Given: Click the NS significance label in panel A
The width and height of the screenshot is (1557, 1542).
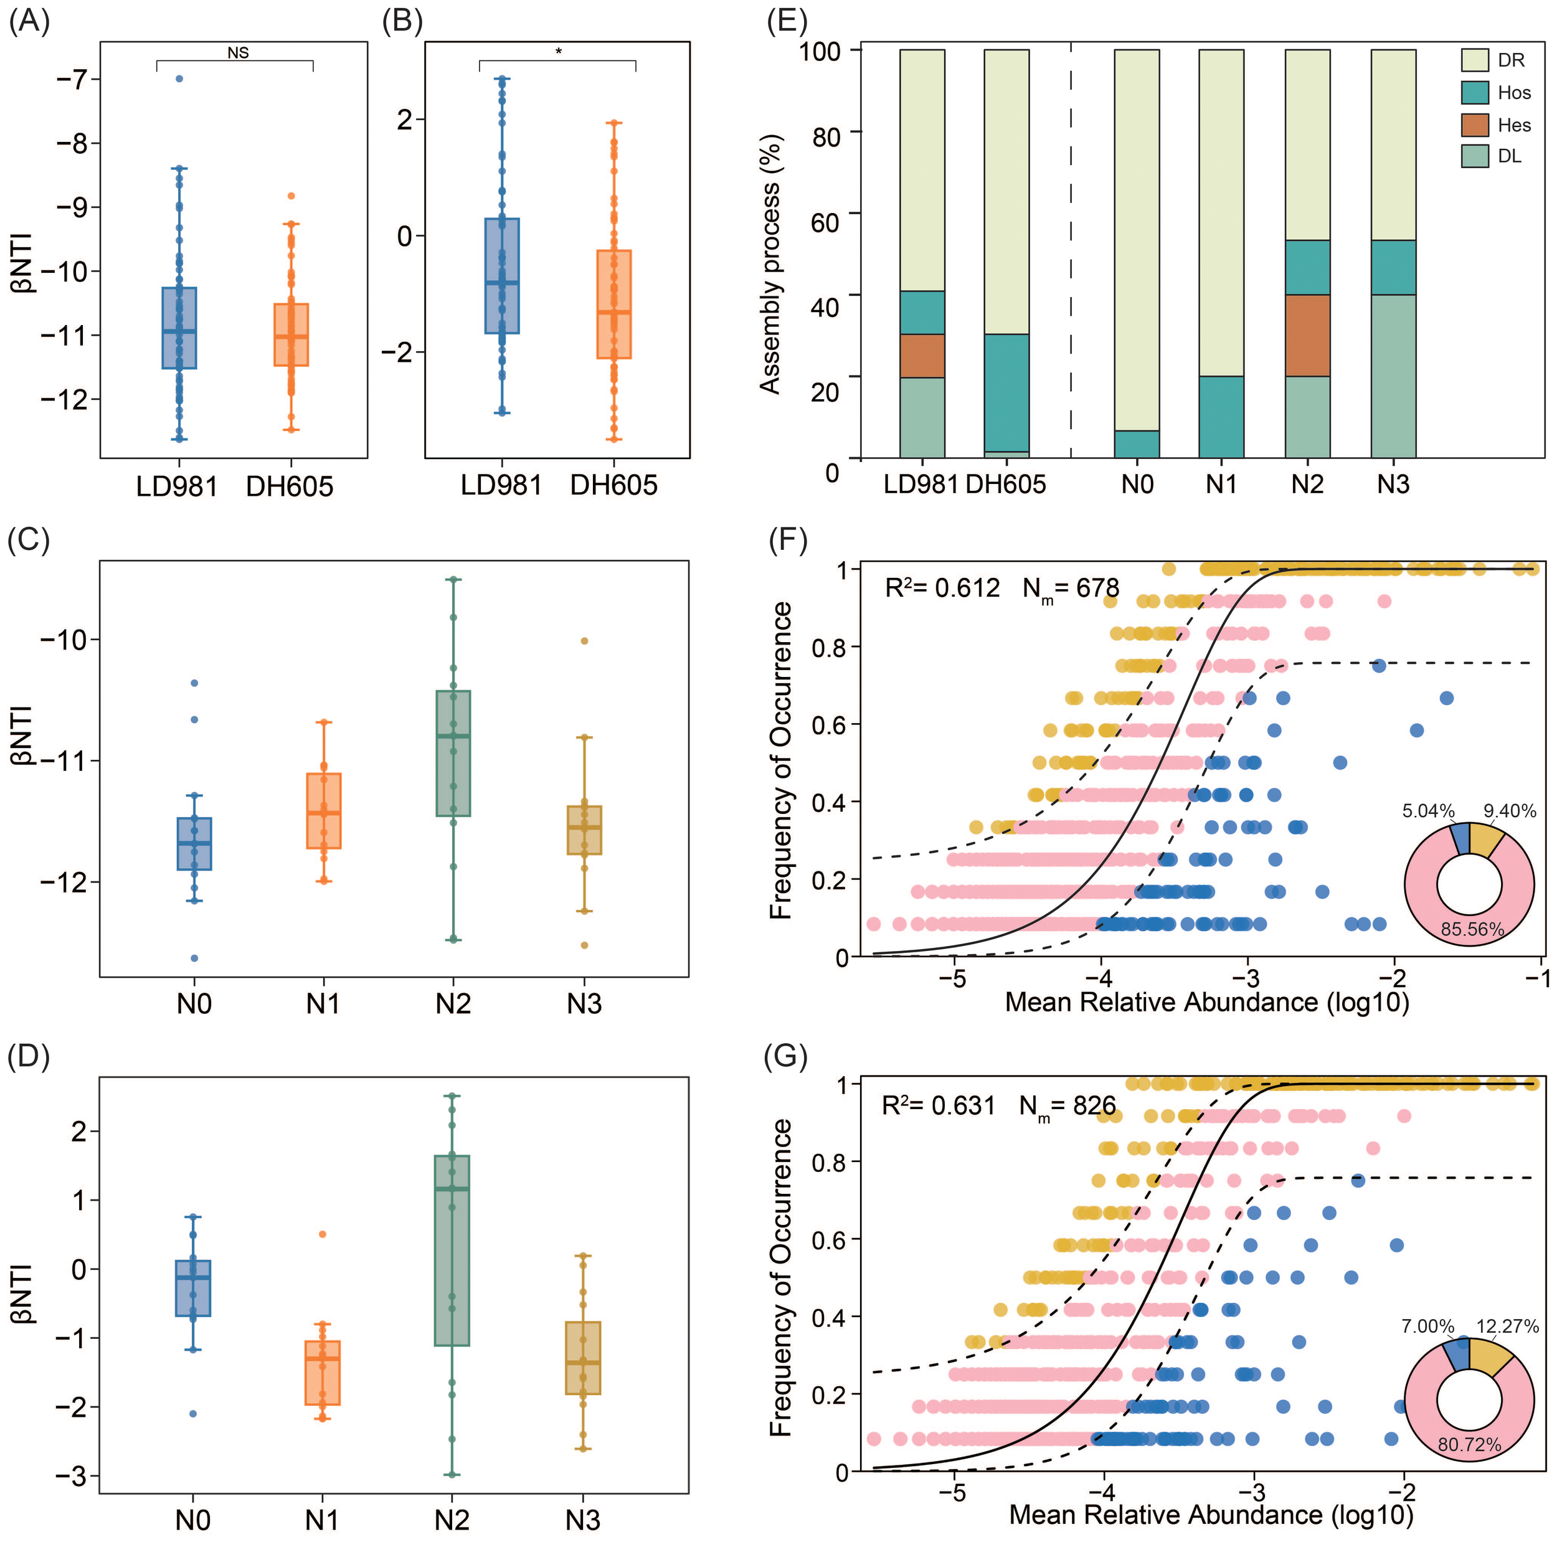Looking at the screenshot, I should click(x=238, y=53).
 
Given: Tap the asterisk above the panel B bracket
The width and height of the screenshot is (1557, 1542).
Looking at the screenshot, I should click(x=559, y=52).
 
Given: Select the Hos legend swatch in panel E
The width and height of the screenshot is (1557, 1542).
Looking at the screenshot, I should click(x=1474, y=93).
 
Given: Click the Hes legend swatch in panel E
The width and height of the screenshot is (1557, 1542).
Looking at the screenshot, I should click(x=1474, y=125).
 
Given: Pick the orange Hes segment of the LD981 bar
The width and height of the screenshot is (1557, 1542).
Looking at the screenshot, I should click(x=922, y=356).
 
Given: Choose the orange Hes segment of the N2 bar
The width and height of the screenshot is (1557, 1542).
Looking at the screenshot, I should click(x=1307, y=335).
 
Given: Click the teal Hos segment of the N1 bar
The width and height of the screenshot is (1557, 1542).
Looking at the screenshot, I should click(x=1221, y=417).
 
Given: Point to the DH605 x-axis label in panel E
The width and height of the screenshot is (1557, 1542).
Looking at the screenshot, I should click(x=1006, y=485).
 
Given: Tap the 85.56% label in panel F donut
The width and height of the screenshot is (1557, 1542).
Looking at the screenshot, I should click(x=1472, y=929).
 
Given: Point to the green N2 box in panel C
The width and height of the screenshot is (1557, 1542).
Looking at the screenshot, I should click(x=453, y=753).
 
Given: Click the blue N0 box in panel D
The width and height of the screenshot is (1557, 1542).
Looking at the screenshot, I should click(x=194, y=1288).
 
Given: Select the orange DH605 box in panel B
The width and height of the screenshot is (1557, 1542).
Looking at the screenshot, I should click(x=614, y=304).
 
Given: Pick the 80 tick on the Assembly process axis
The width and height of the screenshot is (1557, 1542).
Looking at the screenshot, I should click(x=826, y=137).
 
